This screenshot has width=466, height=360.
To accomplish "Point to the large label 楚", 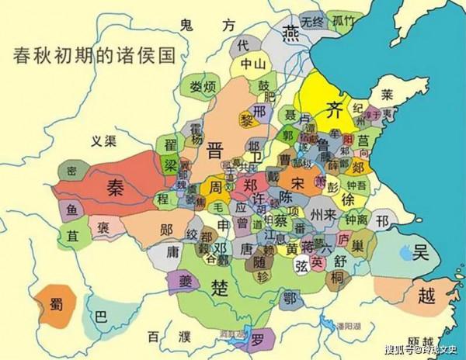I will (x=221, y=288).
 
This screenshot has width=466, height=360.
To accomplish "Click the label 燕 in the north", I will (x=290, y=33).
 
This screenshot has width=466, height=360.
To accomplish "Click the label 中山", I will (x=252, y=64).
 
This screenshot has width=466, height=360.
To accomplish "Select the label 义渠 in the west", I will (x=103, y=140).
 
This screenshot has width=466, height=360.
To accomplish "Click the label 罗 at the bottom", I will (x=257, y=337).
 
